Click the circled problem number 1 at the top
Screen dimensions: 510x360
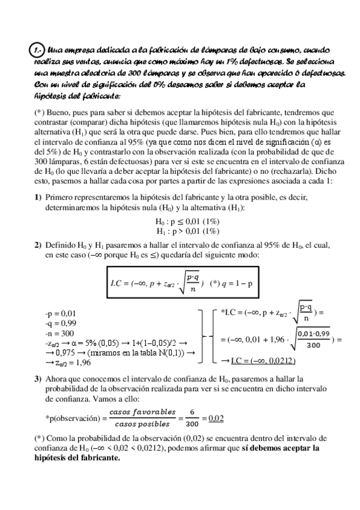(x=38, y=50)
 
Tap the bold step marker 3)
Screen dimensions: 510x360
(x=37, y=378)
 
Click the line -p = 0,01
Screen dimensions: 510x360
(x=61, y=313)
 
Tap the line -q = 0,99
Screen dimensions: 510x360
(x=61, y=322)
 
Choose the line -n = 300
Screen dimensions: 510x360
(x=59, y=333)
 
